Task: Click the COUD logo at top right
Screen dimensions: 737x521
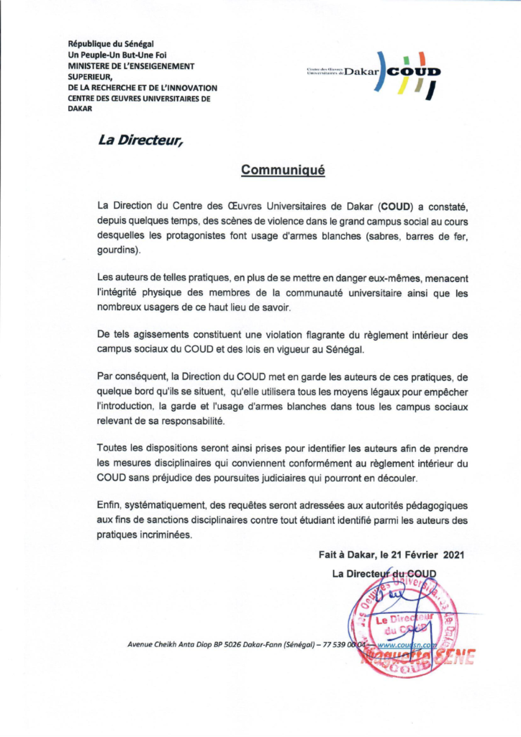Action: [x=374, y=73]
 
